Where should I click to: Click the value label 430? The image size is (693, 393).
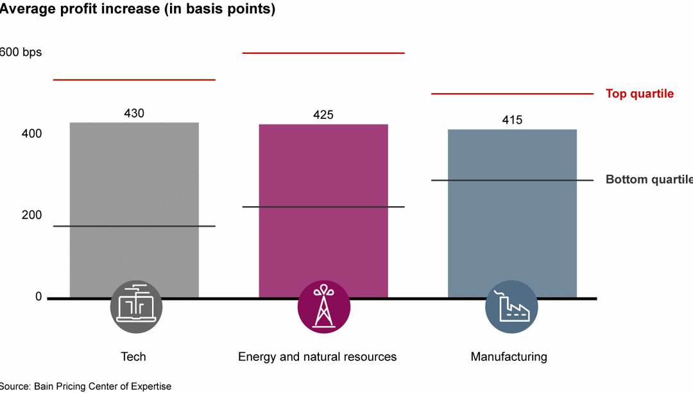click(133, 114)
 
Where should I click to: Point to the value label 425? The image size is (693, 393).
click(323, 116)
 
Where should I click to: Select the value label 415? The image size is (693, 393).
click(511, 120)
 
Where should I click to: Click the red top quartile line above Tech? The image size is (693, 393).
click(133, 80)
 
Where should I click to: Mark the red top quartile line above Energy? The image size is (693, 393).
click(323, 53)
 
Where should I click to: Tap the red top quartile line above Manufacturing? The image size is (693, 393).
click(511, 94)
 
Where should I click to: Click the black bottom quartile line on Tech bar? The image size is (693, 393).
click(133, 226)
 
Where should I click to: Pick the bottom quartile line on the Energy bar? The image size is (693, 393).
click(323, 207)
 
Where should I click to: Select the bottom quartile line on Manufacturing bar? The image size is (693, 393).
click(511, 180)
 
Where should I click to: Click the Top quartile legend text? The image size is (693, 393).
click(639, 94)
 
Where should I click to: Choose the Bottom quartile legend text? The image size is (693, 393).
click(648, 180)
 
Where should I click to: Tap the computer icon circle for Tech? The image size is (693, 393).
click(136, 307)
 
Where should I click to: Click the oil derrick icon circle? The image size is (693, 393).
click(323, 307)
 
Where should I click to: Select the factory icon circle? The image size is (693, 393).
click(511, 307)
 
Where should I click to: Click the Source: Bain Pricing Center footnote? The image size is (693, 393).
click(85, 386)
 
